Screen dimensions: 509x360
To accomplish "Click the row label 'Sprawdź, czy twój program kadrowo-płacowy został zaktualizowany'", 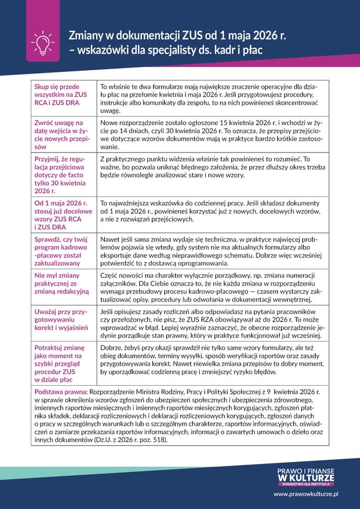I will click(61, 251).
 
